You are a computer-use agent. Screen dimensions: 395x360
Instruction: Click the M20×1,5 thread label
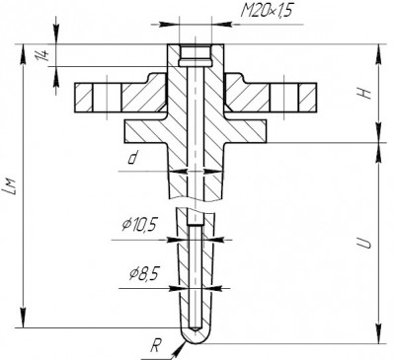point(267,11)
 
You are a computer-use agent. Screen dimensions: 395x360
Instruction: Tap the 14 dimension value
point(43,55)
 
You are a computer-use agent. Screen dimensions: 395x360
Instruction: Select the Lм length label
point(11,186)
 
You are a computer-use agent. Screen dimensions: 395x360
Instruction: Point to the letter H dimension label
point(365,94)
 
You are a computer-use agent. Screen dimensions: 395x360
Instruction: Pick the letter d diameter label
point(132,159)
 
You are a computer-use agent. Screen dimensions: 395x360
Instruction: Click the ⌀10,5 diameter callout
point(138,225)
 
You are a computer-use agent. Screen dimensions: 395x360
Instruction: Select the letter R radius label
point(156,346)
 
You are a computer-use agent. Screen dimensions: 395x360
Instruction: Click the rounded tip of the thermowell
point(196,338)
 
